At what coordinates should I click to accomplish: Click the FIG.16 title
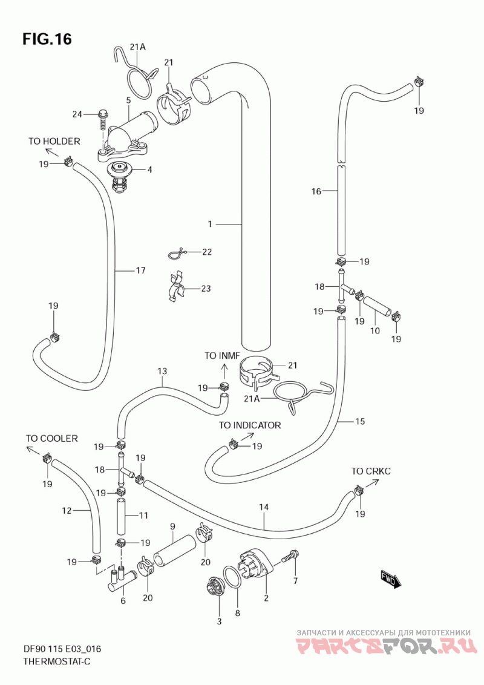click(x=47, y=39)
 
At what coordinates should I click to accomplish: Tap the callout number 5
click(x=128, y=100)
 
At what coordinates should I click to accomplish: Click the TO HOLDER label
click(x=54, y=141)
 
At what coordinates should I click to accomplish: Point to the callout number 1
click(x=210, y=224)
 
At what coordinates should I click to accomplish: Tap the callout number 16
click(x=316, y=191)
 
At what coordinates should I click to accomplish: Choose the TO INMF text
click(x=222, y=356)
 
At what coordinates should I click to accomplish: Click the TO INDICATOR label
click(x=250, y=425)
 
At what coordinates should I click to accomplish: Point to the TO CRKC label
click(x=371, y=471)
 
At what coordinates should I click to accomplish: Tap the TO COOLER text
click(x=51, y=438)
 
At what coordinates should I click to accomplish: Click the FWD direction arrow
click(x=391, y=580)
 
